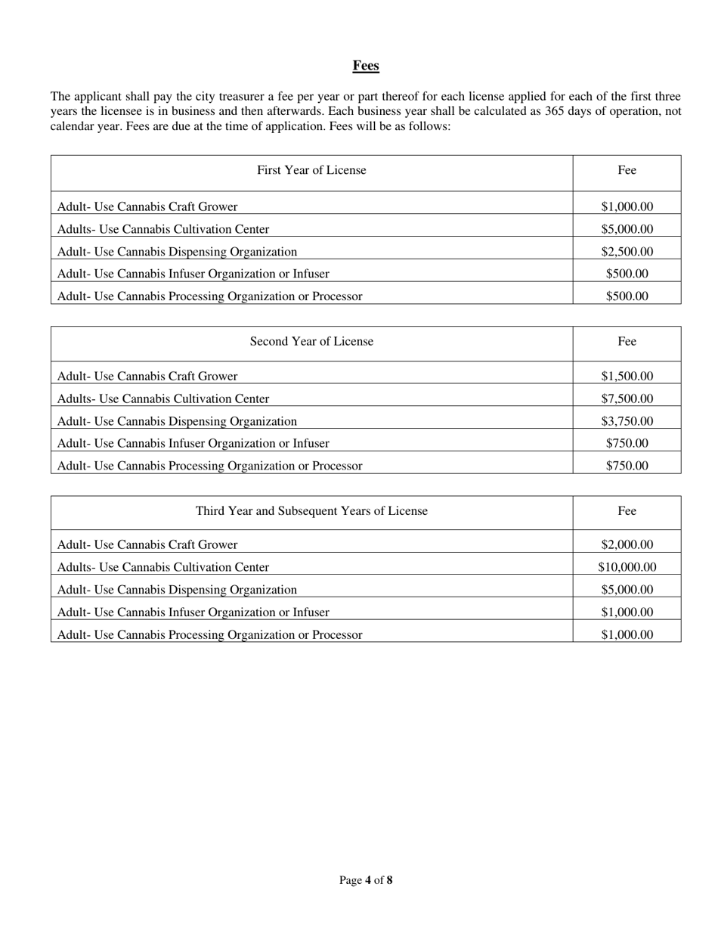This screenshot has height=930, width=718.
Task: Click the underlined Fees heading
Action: coord(366,66)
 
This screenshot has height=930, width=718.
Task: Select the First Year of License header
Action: coord(311,170)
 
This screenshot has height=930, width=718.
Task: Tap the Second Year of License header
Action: coord(311,341)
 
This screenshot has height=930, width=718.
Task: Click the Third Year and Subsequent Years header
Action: coord(311,511)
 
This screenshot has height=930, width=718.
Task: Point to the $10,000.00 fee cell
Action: coord(627,567)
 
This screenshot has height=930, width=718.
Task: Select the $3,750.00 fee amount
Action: coord(627,421)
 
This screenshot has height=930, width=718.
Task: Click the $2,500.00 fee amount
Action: coord(627,252)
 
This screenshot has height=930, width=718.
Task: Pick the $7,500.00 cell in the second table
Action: coord(627,398)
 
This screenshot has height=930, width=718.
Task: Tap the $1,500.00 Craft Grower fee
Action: coord(627,376)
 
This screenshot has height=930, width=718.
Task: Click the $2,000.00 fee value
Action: coord(627,544)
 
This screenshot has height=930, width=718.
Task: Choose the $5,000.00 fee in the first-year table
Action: coord(627,229)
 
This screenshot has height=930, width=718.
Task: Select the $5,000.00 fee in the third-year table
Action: coord(627,590)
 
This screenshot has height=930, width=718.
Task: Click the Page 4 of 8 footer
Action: coord(366,880)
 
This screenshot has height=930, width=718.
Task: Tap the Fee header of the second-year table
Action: coord(627,341)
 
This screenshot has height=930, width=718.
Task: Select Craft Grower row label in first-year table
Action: coord(147,206)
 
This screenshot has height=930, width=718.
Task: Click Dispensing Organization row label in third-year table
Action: coord(177,590)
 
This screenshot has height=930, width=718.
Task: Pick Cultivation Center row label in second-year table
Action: coord(163,398)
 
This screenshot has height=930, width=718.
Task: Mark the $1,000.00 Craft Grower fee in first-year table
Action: coord(627,206)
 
